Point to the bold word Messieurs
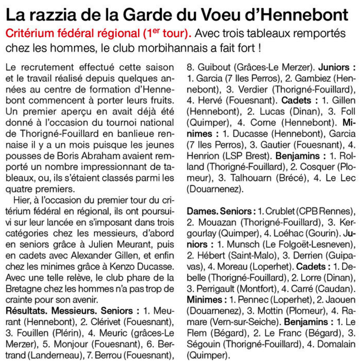coord(76,311)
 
